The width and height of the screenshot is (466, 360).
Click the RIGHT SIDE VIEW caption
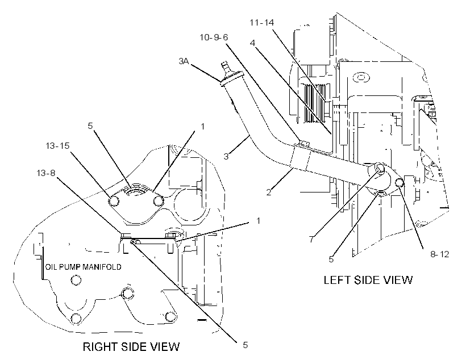131,346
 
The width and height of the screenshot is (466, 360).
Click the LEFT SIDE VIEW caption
368,280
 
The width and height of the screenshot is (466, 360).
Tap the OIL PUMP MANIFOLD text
83,267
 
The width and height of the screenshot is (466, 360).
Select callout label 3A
184,61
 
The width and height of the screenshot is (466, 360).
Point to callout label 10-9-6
214,37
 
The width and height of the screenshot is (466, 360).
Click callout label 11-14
261,23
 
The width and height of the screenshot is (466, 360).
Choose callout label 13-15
57,146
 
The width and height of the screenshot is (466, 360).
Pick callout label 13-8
46,173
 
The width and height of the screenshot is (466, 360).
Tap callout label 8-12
439,254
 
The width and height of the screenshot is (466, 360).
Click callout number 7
311,239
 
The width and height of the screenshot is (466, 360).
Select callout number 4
252,43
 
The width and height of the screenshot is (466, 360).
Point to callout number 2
269,192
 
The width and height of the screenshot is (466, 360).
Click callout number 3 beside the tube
226,157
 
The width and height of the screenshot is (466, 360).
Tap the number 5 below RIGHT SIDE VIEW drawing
245,345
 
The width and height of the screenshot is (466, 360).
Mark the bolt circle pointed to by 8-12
399,182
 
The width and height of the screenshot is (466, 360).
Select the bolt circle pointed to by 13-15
114,202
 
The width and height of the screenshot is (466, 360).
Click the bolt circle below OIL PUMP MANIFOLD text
76,280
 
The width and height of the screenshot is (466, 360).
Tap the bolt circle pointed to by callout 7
381,168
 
